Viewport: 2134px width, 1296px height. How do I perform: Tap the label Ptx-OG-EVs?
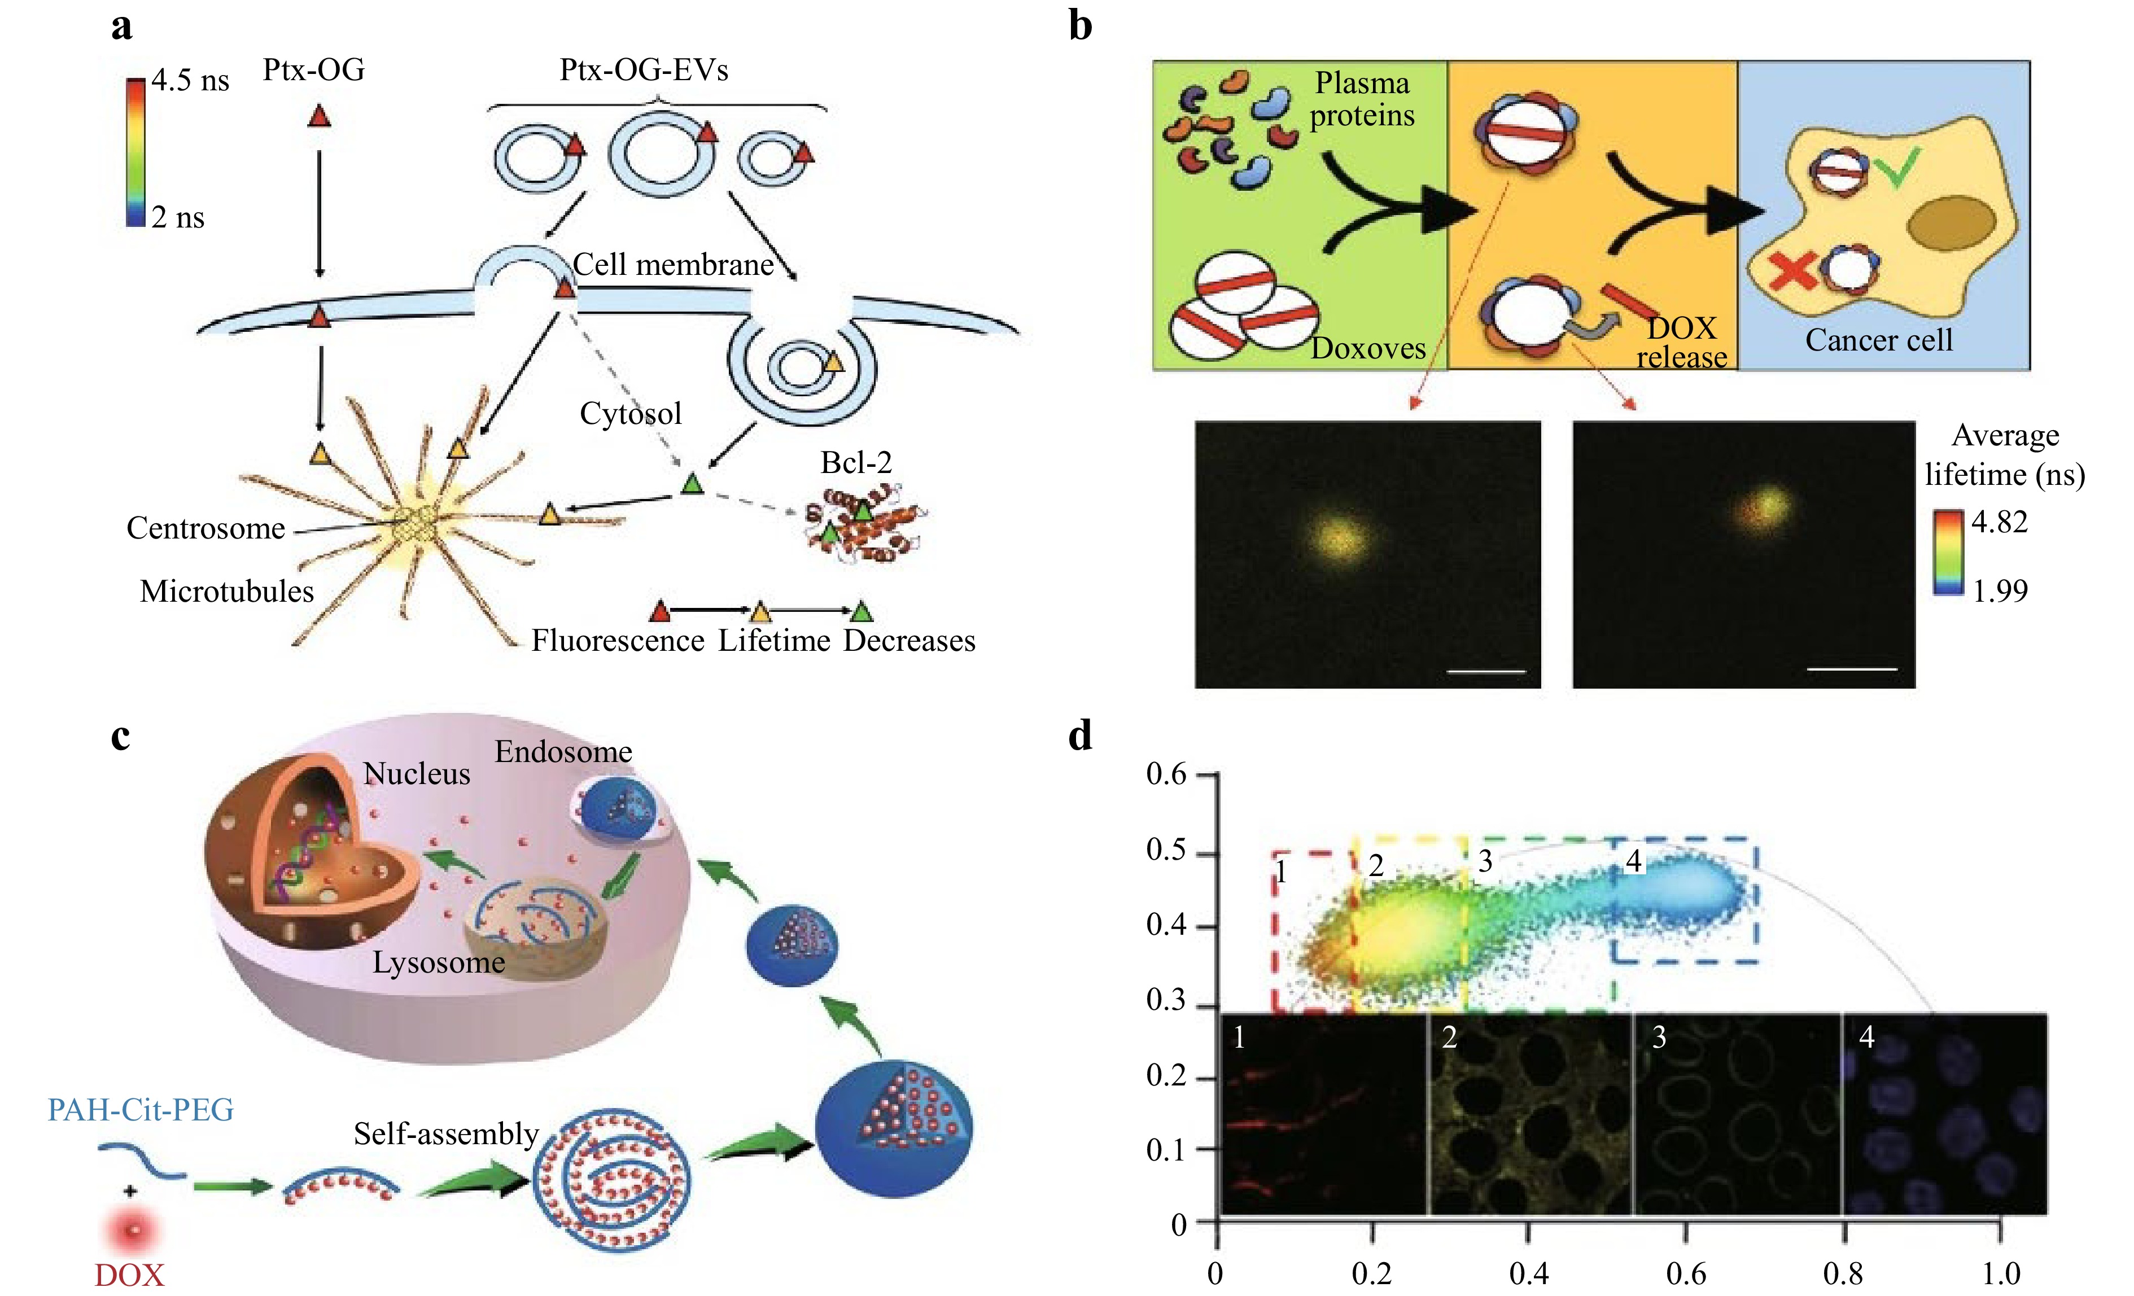click(644, 70)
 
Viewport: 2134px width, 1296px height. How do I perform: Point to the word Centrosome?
click(205, 528)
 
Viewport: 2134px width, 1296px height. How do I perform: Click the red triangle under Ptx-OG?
click(319, 116)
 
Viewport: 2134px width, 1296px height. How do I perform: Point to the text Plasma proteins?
click(1362, 99)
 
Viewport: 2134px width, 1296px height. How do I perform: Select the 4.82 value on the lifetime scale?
click(1999, 522)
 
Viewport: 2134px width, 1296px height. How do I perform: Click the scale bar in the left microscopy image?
click(1486, 671)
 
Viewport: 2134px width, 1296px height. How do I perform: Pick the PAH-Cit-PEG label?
click(141, 1110)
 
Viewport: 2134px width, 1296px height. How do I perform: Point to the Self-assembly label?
click(446, 1134)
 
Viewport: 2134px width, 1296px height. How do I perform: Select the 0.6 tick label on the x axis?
click(1685, 1273)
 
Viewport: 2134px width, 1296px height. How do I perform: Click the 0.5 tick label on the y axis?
click(1166, 850)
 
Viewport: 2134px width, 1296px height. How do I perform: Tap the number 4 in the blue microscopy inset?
click(1866, 1037)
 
